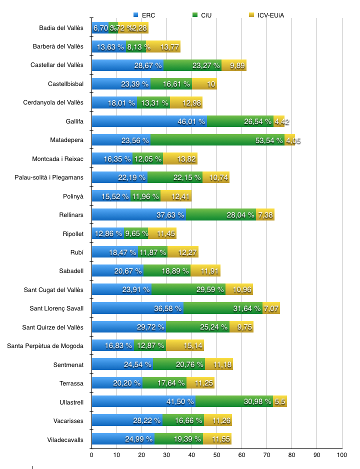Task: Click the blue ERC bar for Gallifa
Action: coord(149,121)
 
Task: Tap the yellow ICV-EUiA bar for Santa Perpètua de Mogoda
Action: coord(184,345)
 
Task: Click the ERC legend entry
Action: coord(144,15)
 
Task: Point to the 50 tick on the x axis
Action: coord(216,455)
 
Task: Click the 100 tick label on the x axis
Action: coord(342,455)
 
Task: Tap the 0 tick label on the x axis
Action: coord(91,455)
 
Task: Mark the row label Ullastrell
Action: coord(71,401)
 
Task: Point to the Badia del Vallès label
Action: coord(61,28)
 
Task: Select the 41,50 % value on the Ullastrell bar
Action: coord(180,401)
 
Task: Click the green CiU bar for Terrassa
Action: coord(164,383)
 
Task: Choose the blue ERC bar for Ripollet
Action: coord(107,233)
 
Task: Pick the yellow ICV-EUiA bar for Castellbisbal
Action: coord(204,84)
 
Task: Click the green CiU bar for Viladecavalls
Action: coord(178,439)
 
